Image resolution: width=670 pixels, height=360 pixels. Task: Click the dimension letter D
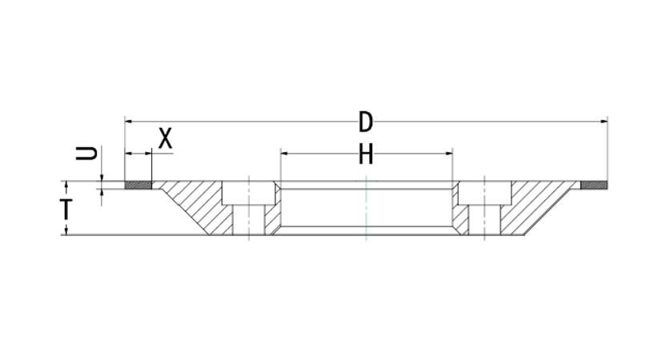(x=366, y=122)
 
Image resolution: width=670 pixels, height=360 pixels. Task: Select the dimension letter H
(x=366, y=154)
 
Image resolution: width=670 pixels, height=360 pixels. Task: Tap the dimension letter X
(x=166, y=138)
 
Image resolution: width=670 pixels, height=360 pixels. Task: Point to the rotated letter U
(x=86, y=153)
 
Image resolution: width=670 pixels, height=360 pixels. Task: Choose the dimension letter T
(x=66, y=209)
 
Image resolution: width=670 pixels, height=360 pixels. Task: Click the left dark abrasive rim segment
(x=138, y=185)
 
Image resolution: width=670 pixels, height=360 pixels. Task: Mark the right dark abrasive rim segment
(x=594, y=185)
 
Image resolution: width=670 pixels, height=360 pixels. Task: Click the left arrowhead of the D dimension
(x=128, y=122)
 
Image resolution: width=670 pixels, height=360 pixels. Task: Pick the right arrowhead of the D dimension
(x=604, y=122)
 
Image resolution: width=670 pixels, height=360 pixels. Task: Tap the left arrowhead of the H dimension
(x=283, y=153)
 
